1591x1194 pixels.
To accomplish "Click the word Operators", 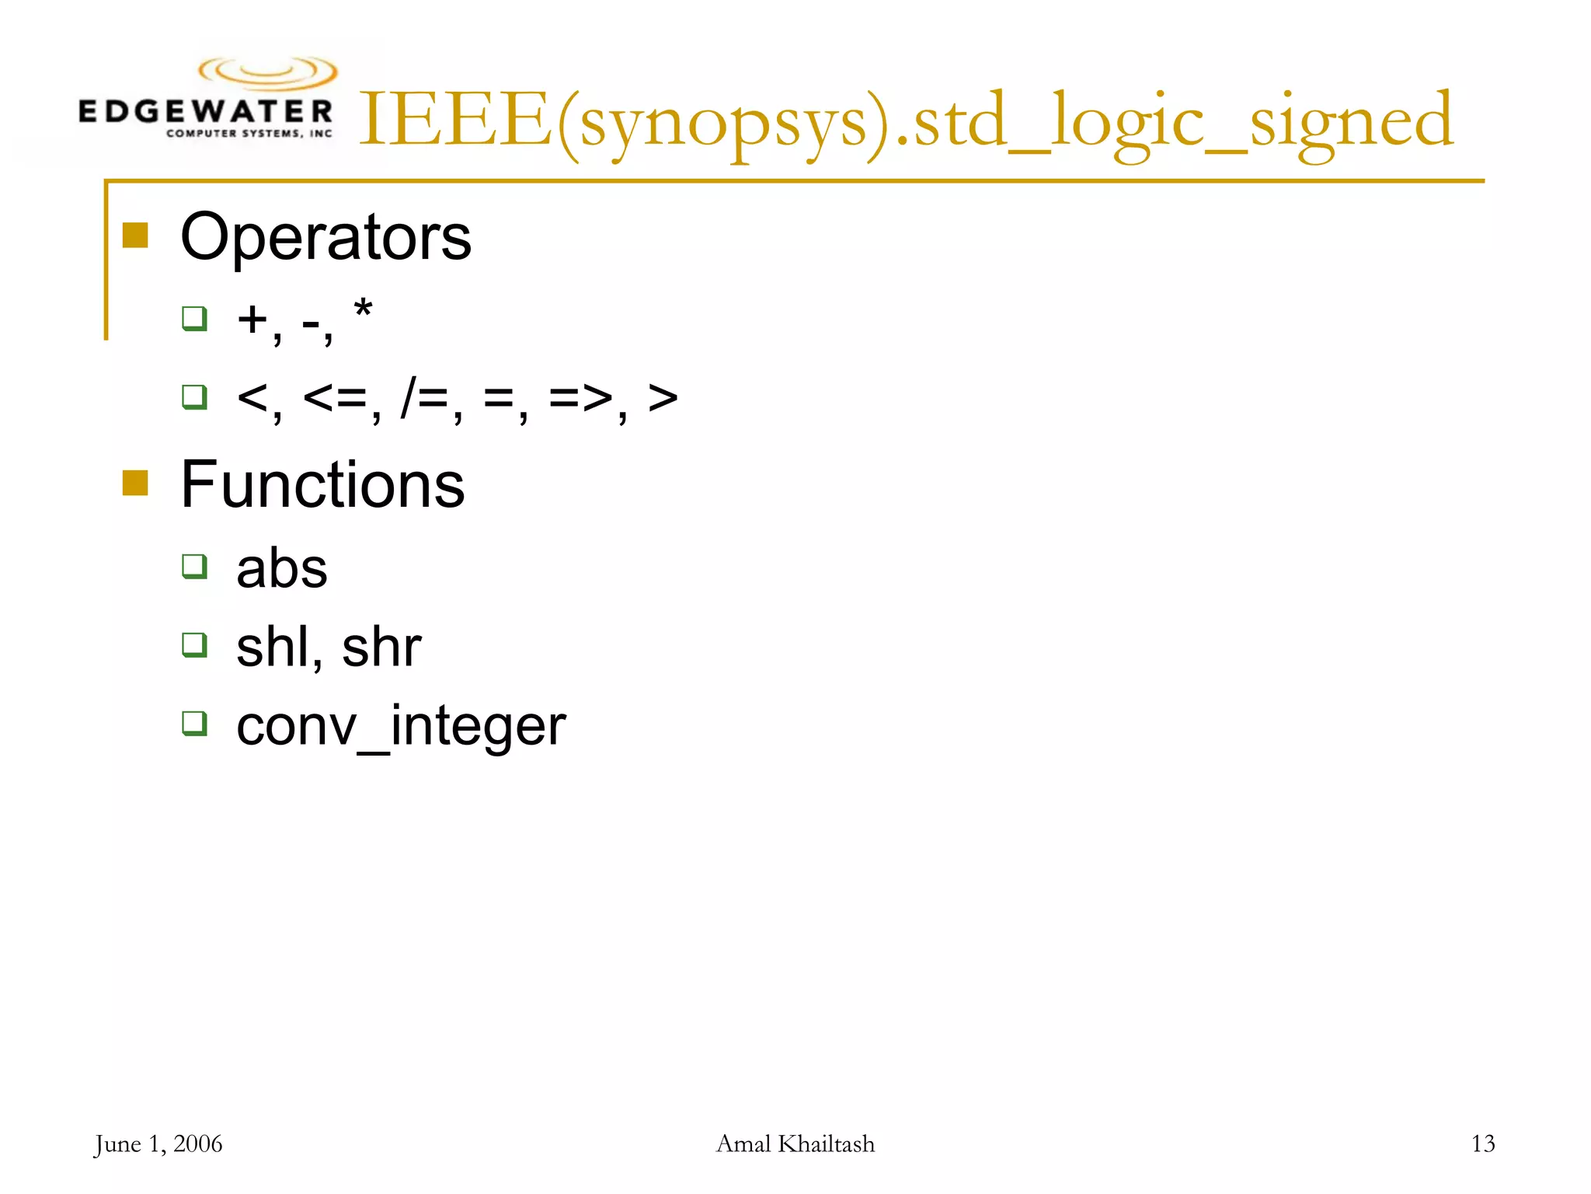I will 326,237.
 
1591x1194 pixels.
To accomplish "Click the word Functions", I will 322,484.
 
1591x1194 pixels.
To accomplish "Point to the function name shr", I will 381,647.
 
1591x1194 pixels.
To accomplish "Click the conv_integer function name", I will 401,727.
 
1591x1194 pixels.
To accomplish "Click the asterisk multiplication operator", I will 363,310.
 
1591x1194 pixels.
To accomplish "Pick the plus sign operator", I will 252,319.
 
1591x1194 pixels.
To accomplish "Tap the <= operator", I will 335,398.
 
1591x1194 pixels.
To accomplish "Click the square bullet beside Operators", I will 135,235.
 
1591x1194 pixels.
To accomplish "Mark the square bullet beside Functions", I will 135,483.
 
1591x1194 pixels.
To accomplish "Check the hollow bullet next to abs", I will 194,566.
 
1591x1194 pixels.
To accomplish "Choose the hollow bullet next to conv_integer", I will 194,723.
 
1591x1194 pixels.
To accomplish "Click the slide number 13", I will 1483,1143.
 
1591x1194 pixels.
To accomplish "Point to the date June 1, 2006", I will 158,1144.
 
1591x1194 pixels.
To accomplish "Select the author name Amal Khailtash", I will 795,1144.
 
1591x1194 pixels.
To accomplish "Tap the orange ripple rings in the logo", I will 268,72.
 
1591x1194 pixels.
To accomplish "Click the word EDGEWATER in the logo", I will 206,112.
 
